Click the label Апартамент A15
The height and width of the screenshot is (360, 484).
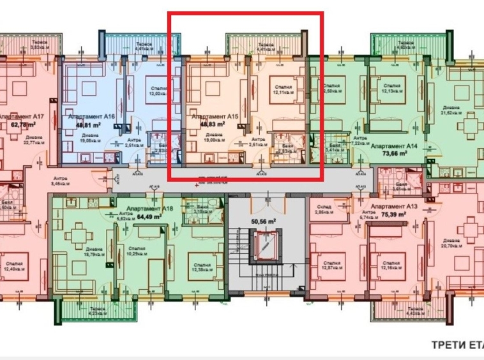pyautogui.click(x=215, y=117)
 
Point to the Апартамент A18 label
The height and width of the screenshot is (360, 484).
pyautogui.click(x=149, y=209)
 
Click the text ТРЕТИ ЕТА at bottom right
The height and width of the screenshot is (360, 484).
pyautogui.click(x=457, y=345)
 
